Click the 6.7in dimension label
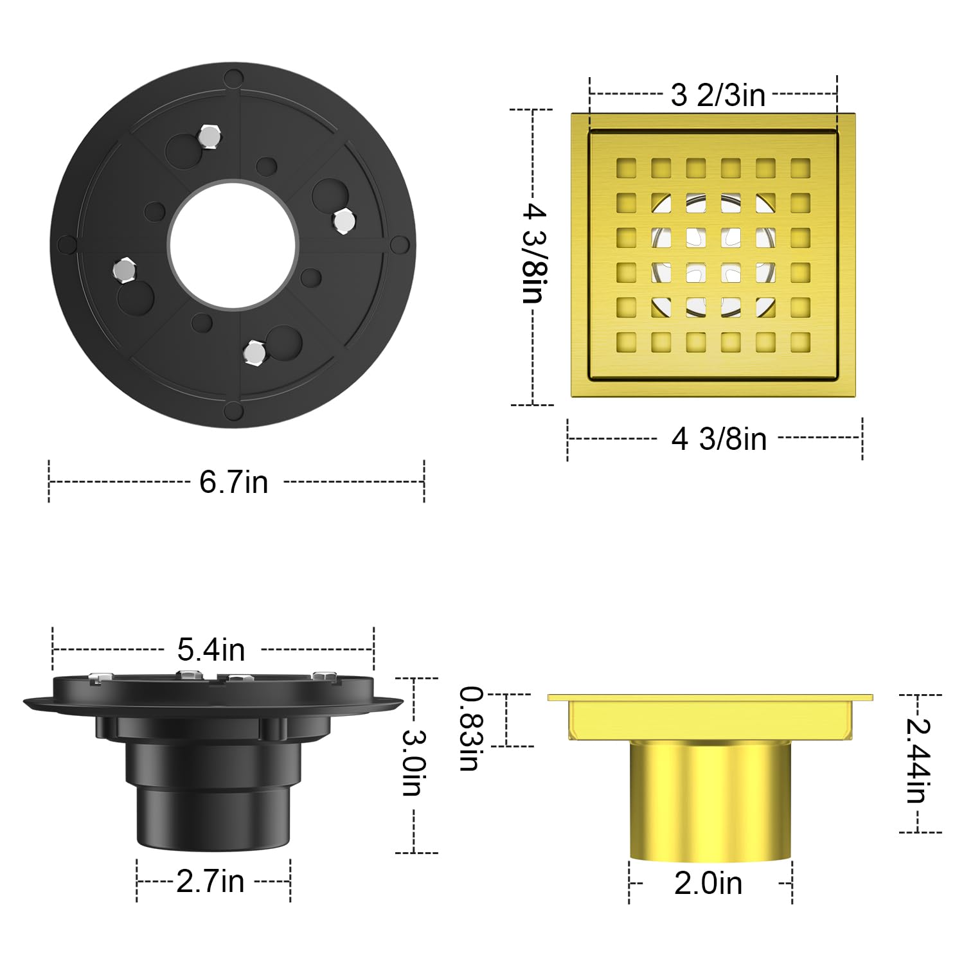click(x=233, y=482)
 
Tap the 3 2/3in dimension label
click(x=718, y=95)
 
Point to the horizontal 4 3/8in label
click(x=719, y=439)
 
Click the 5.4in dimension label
click(x=211, y=650)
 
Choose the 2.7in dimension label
click(x=210, y=881)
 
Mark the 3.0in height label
click(x=413, y=762)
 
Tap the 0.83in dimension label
click(x=471, y=729)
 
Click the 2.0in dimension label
click(x=708, y=884)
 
